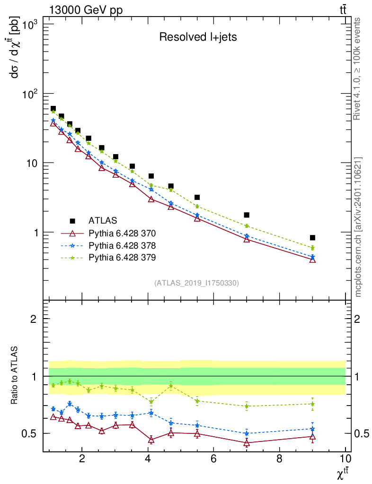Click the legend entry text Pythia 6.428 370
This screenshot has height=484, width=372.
[x=122, y=233]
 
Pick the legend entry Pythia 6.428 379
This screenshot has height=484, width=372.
[x=122, y=258]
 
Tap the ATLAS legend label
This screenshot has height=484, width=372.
[x=103, y=221]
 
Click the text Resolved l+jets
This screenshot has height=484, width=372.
[x=197, y=37]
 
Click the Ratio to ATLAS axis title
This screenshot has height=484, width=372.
[x=15, y=376]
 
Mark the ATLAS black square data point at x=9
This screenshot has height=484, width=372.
[x=312, y=238]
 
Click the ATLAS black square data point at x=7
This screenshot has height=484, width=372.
[x=247, y=215]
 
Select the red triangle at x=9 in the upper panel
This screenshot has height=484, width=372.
[x=312, y=259]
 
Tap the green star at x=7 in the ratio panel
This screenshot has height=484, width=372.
[x=247, y=406]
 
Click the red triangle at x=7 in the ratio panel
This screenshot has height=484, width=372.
[x=247, y=443]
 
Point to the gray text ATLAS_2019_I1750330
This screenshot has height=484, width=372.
[x=196, y=283]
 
